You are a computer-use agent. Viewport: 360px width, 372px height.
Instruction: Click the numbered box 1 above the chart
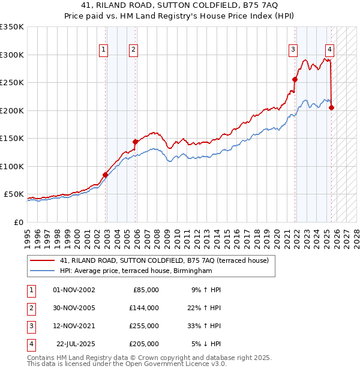point(104,50)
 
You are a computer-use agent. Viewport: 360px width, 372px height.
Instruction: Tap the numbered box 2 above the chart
point(133,50)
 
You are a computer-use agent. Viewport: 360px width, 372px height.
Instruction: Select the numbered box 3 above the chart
point(293,50)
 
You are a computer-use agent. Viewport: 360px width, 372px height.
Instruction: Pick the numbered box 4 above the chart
point(330,50)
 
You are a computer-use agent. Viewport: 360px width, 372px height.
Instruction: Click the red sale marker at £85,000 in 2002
point(106,175)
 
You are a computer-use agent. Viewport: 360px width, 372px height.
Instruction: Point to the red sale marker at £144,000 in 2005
point(136,142)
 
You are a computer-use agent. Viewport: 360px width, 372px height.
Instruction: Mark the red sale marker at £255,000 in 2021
point(295,79)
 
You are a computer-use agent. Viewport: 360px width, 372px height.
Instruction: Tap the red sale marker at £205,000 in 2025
point(332,107)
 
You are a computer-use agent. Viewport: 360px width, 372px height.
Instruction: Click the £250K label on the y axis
point(12,82)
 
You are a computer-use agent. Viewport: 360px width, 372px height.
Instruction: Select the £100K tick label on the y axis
point(12,166)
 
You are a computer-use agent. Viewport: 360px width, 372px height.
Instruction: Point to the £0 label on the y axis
point(18,222)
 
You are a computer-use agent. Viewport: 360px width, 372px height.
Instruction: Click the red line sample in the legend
point(43,260)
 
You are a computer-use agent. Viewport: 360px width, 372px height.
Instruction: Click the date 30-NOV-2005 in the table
point(74,307)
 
